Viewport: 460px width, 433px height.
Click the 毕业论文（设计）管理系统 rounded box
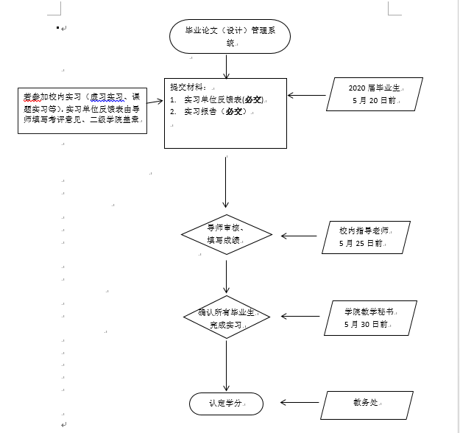tap(229, 36)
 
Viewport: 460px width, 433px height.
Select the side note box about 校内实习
tap(82, 110)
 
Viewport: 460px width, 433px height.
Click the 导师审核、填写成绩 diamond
tap(226, 235)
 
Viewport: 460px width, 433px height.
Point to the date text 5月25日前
tap(361, 243)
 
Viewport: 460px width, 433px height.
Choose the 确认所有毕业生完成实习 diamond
tap(226, 318)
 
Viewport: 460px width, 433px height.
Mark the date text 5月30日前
tap(366, 324)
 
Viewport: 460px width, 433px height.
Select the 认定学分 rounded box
tap(226, 403)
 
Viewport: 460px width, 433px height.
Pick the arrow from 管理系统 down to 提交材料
tap(226, 65)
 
